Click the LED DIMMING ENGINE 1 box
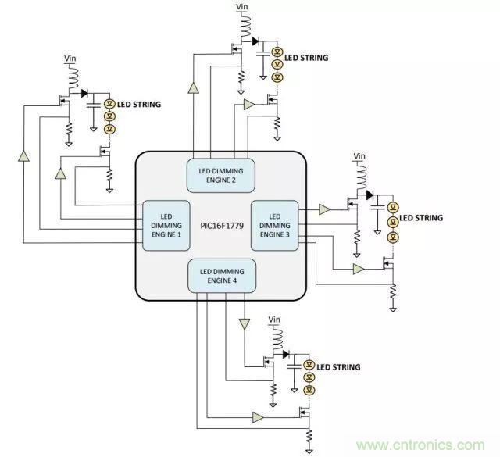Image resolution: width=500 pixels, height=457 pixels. (166, 225)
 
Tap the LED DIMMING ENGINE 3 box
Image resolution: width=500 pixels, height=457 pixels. (274, 224)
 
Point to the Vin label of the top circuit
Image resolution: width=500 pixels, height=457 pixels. (242, 8)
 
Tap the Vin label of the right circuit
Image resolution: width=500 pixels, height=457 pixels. (359, 157)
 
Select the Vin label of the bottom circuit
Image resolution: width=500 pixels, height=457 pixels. (274, 320)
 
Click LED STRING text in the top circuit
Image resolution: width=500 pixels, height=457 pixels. (306, 58)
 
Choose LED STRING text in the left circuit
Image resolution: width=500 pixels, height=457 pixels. (139, 103)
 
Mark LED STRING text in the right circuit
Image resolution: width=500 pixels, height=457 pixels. (422, 218)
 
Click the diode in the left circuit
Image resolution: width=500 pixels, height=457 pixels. (84, 94)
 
